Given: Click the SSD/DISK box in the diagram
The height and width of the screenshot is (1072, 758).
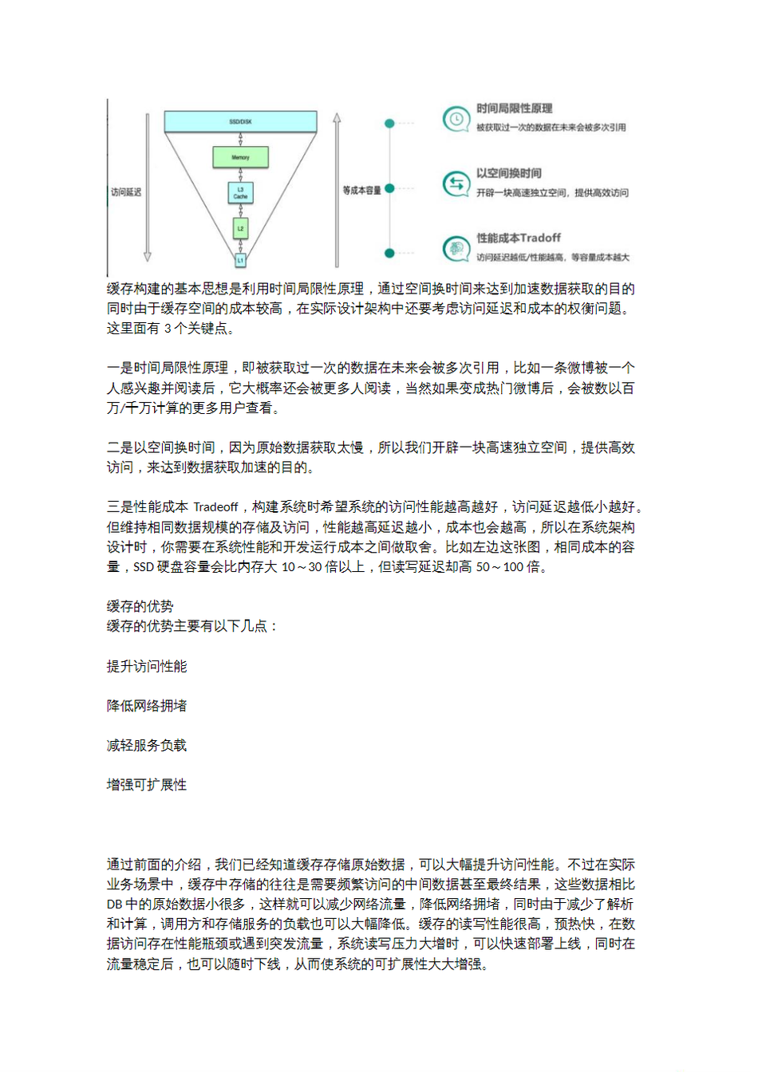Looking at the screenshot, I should click(240, 121).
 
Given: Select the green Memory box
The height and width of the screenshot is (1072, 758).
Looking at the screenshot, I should click(240, 157).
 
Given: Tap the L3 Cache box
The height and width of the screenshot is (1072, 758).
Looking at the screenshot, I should click(240, 193).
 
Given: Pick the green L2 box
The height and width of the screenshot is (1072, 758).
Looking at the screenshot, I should click(240, 229).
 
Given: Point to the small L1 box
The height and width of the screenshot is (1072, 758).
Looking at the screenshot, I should click(240, 260).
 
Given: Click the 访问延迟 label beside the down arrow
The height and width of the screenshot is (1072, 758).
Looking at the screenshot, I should click(126, 192).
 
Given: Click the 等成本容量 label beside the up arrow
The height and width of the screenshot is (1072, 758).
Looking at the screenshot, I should click(361, 190).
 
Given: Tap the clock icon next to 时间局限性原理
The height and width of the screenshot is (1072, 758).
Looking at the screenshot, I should click(456, 119).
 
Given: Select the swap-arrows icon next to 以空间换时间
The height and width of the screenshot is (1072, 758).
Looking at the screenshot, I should click(456, 184).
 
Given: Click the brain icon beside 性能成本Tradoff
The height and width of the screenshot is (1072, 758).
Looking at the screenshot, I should click(456, 249).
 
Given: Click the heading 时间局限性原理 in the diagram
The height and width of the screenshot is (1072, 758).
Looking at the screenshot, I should click(514, 108).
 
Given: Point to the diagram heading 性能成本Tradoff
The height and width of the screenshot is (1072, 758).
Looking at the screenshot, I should click(519, 238).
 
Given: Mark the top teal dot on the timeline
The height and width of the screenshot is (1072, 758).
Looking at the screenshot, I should click(389, 124).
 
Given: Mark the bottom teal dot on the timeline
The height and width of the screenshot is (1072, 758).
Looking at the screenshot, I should click(389, 253).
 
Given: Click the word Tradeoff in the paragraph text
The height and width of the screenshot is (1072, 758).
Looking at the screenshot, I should click(215, 507).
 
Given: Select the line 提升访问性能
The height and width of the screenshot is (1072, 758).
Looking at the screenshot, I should click(147, 666).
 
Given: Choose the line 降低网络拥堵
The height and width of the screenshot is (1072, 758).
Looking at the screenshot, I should click(147, 706).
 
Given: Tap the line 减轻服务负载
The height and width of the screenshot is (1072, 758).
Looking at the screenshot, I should click(147, 745).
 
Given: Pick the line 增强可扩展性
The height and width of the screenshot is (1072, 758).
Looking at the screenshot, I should click(147, 785).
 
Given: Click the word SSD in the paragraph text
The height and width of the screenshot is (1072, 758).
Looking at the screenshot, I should click(144, 567).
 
